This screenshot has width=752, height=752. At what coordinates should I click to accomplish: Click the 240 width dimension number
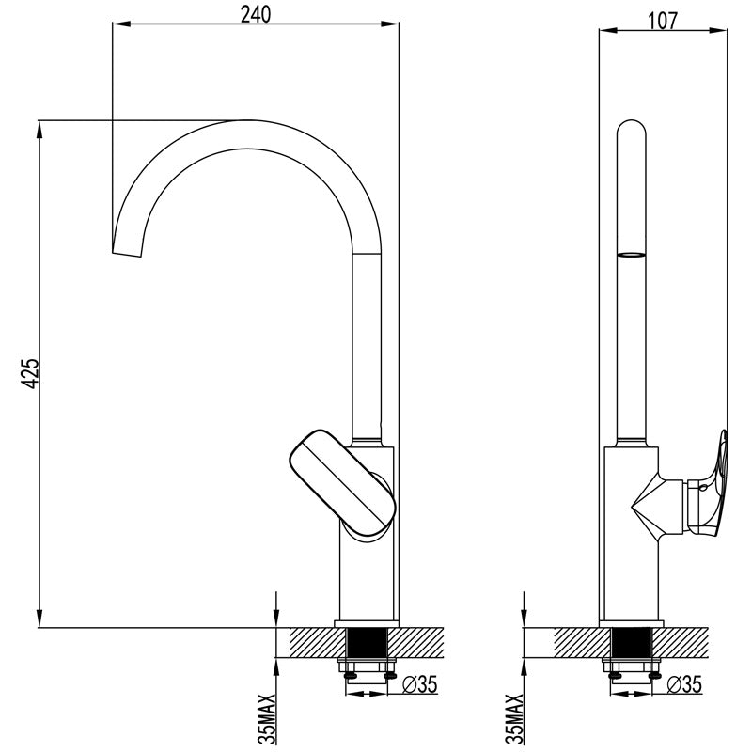[254, 15]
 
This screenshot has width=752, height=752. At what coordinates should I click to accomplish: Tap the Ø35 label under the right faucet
[684, 684]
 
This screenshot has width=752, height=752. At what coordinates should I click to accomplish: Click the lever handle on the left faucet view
[341, 480]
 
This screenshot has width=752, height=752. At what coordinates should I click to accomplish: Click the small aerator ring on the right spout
[631, 254]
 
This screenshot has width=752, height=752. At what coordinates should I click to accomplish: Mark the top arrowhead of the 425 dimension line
[39, 127]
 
